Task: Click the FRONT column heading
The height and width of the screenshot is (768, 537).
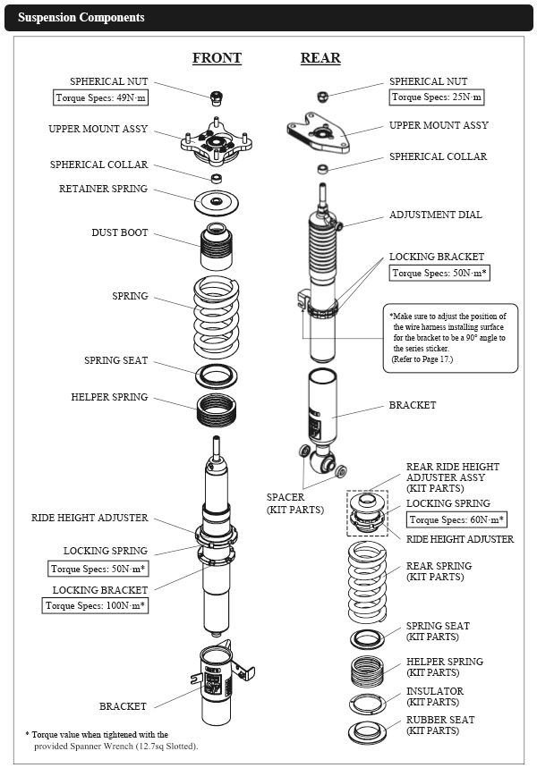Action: click(217, 58)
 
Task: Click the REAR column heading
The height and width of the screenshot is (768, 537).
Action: click(320, 58)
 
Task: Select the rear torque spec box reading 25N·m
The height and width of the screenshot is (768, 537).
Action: click(438, 97)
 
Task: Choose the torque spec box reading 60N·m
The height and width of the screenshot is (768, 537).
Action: click(456, 519)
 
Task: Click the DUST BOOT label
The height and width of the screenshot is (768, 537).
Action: click(120, 233)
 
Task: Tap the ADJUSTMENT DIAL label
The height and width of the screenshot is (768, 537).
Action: click(435, 215)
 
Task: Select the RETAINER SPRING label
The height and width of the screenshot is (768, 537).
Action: click(104, 190)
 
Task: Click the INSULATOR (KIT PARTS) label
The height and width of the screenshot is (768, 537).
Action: click(435, 696)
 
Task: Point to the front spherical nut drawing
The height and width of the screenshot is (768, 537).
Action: click(215, 96)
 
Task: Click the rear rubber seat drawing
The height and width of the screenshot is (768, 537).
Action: click(367, 730)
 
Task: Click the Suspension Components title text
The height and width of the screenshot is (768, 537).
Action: click(81, 18)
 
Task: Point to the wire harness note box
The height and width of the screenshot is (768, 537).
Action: click(450, 338)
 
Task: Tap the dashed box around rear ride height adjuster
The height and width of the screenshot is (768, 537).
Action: click(368, 514)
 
